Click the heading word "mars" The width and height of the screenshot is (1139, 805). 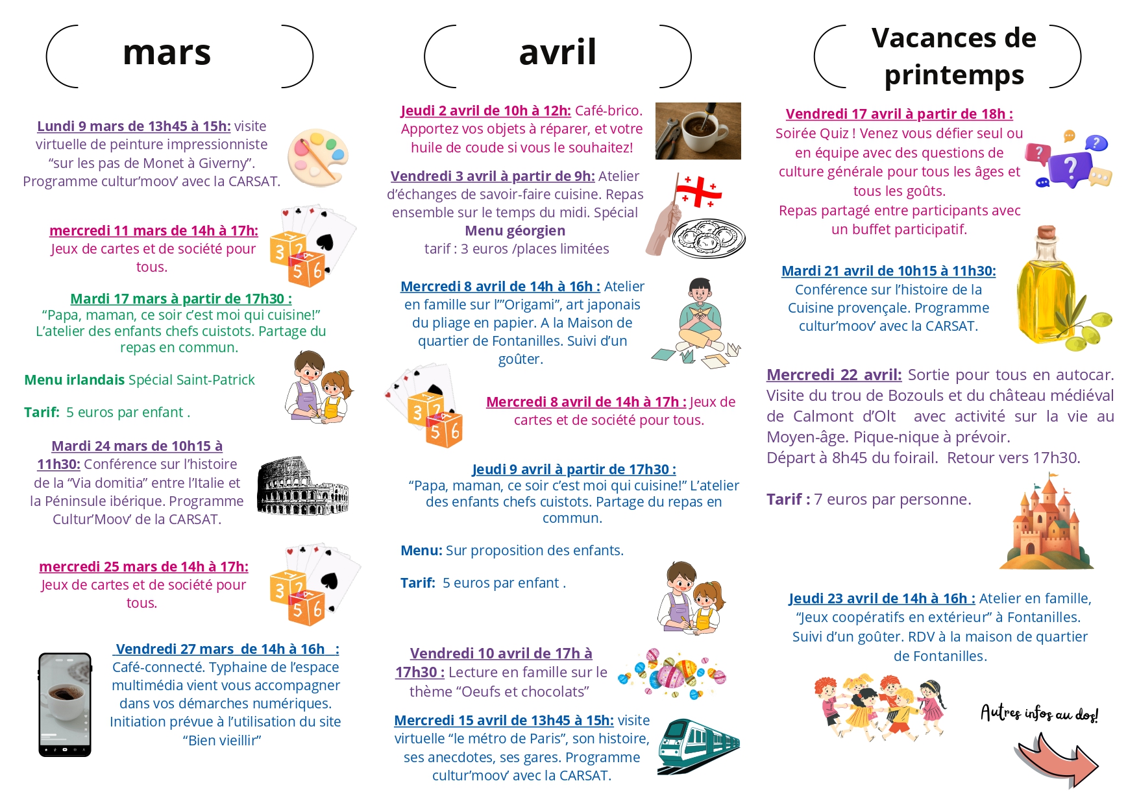(167, 53)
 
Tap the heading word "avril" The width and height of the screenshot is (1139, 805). (557, 53)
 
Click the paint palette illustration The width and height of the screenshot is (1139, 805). (318, 157)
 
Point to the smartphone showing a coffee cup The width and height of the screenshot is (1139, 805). (65, 704)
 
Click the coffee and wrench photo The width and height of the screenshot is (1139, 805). (698, 131)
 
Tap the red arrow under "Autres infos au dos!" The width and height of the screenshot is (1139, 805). (1057, 758)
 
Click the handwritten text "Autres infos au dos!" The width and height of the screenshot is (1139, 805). (1039, 714)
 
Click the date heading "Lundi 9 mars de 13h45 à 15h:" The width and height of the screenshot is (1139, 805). (134, 126)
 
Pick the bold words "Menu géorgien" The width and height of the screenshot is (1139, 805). (515, 231)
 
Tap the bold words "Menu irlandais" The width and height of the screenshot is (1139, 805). (74, 380)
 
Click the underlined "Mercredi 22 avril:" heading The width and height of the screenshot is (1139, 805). (834, 375)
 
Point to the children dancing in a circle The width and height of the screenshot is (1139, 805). (880, 708)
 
